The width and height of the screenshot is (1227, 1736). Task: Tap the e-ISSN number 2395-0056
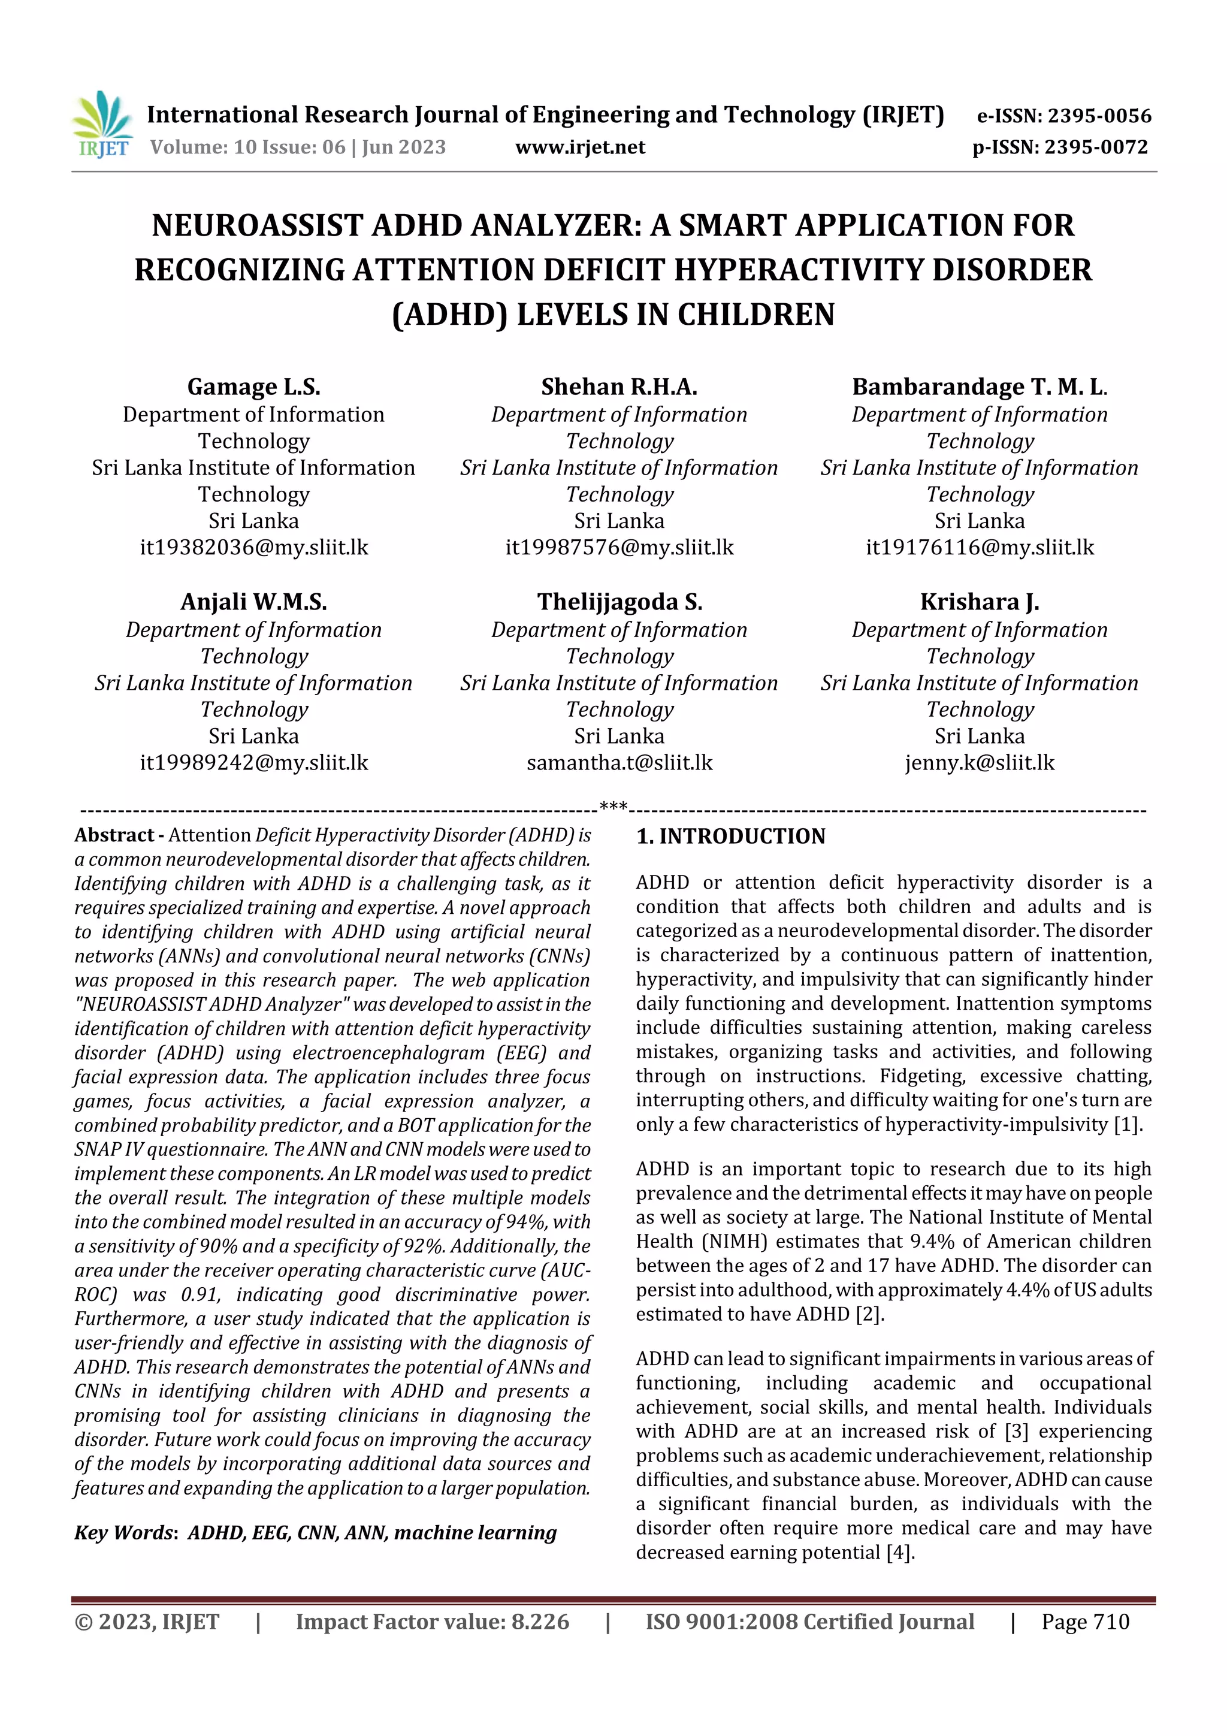(1063, 116)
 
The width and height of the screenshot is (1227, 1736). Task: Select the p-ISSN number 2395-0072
(1059, 147)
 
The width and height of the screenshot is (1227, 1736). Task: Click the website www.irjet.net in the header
(580, 147)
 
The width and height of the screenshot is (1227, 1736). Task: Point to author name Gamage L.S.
(253, 387)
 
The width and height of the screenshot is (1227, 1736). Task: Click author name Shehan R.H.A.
(618, 387)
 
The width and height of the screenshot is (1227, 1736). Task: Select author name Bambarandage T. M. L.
(979, 387)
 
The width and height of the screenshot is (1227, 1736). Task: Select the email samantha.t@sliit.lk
(619, 762)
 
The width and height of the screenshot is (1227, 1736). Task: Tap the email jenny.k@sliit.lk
(979, 762)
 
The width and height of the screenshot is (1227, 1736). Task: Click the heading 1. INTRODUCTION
(730, 837)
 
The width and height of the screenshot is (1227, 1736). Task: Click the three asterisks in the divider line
(613, 807)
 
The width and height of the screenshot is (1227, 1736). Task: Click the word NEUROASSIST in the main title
(257, 225)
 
